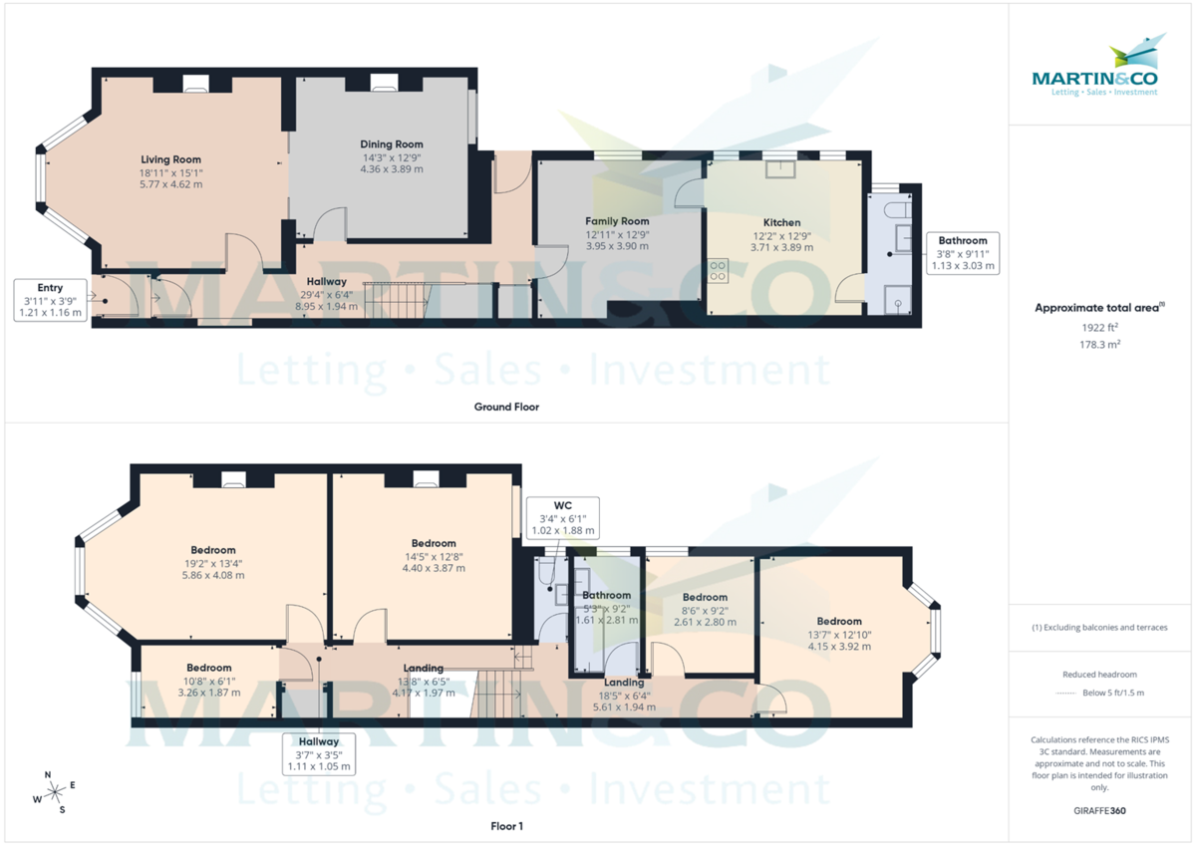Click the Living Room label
pyautogui.click(x=170, y=159)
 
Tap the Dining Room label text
pyautogui.click(x=392, y=144)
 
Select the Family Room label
pyautogui.click(x=617, y=221)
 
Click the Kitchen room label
pyautogui.click(x=781, y=222)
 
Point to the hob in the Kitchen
pyautogui.click(x=718, y=271)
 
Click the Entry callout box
pyautogui.click(x=50, y=300)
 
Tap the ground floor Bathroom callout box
pyautogui.click(x=962, y=253)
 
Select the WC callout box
pyautogui.click(x=562, y=517)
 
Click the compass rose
pyautogui.click(x=55, y=792)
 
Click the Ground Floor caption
pyautogui.click(x=506, y=407)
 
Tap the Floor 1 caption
pyautogui.click(x=506, y=826)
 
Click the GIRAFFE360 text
pyautogui.click(x=1099, y=811)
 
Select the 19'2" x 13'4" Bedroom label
pyautogui.click(x=213, y=550)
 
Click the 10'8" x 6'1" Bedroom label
pyautogui.click(x=209, y=668)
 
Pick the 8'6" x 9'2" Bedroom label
pyautogui.click(x=706, y=598)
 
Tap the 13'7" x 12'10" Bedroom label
pyautogui.click(x=838, y=622)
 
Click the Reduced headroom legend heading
pyautogui.click(x=1099, y=675)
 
